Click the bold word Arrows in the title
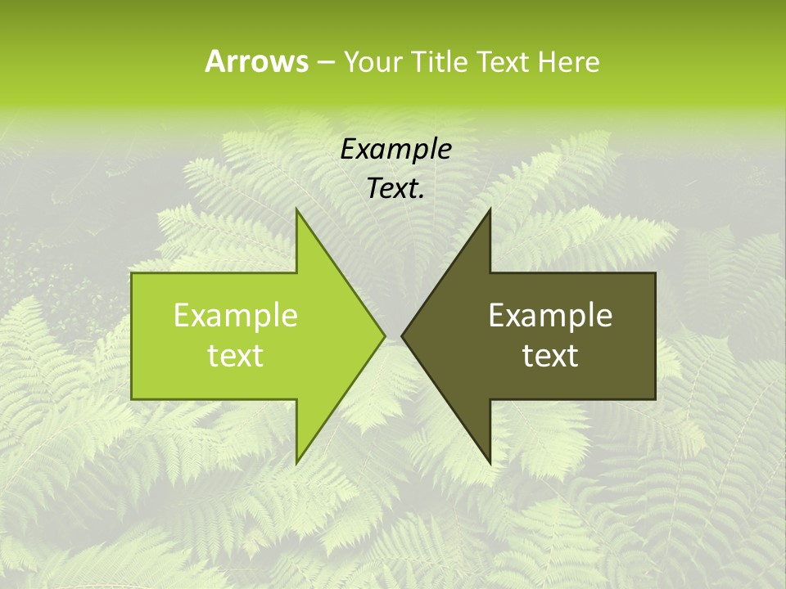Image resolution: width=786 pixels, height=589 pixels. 256,61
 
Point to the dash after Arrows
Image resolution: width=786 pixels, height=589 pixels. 325,62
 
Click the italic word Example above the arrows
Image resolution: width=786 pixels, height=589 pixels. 395,149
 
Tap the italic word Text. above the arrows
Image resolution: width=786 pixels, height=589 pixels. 395,188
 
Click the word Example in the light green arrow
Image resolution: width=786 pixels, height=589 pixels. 235,315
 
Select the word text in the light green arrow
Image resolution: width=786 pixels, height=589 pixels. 235,355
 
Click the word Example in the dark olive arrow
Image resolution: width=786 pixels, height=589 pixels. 550,315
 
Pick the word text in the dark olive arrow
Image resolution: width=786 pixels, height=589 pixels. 550,355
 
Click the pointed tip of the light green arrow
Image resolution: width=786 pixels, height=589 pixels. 384,335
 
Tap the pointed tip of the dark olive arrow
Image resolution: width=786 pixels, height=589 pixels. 402,335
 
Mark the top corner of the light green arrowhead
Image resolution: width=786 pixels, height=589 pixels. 296,209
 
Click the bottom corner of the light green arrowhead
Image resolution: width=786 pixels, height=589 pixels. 296,463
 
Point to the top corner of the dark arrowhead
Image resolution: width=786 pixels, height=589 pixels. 490,209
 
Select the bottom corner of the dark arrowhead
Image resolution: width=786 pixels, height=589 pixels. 490,463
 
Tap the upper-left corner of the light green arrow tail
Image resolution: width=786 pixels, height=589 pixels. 133,274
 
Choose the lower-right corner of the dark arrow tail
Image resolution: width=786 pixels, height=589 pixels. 655,398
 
